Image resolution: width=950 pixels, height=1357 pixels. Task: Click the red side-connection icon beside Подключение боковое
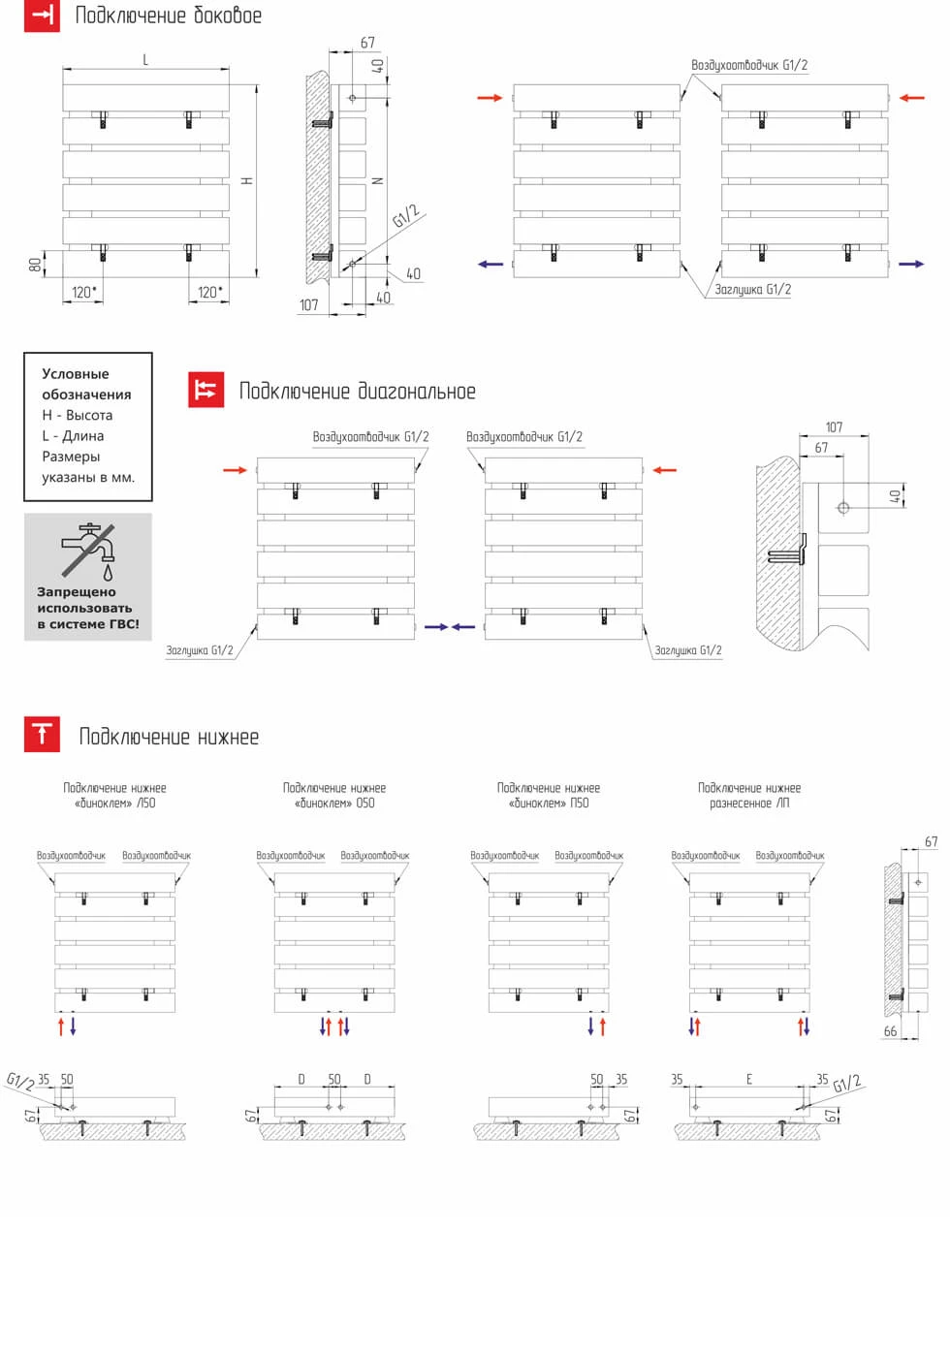pos(42,15)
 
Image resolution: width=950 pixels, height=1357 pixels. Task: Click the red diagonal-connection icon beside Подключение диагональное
pos(206,390)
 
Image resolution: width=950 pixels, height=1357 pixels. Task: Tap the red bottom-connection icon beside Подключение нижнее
pos(42,735)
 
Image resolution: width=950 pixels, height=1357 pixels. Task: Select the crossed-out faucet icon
pos(89,552)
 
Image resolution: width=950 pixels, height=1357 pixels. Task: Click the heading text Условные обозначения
pos(86,384)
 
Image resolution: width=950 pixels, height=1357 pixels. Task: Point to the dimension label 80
pos(35,265)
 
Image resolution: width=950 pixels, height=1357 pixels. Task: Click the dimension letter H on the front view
pos(248,181)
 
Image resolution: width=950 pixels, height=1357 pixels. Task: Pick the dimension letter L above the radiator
pos(145,60)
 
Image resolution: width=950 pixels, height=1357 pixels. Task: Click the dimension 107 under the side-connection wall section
pos(308,305)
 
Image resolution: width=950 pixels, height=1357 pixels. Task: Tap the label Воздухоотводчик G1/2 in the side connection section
pos(749,65)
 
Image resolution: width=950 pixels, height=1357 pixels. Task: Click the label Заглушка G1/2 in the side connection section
pos(753,289)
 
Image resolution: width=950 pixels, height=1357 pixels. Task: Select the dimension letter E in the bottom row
pos(749,1079)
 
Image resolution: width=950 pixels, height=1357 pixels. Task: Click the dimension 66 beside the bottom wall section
pos(890,1031)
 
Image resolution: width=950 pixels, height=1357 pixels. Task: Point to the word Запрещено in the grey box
pos(77,591)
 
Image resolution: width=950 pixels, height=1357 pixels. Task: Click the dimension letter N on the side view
pos(379,181)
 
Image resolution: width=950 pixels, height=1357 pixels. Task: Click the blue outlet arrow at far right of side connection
pos(911,264)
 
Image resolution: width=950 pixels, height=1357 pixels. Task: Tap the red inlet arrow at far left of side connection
pos(490,98)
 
